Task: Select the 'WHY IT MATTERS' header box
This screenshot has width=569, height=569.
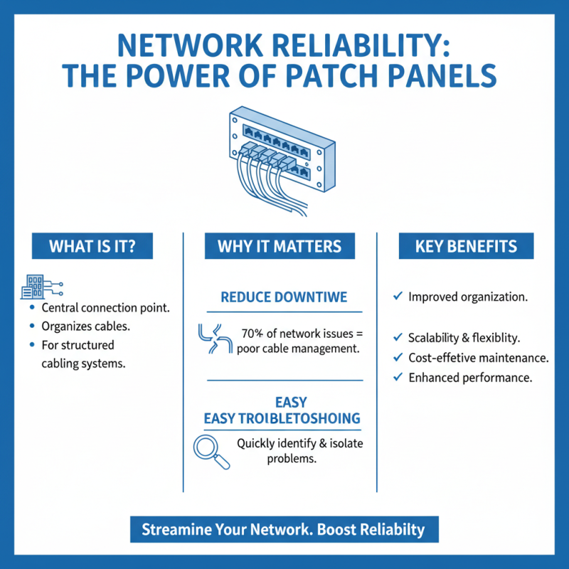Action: (x=280, y=247)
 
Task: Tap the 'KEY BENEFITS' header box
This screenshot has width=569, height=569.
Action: (x=466, y=247)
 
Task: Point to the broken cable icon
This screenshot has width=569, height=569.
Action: (x=211, y=339)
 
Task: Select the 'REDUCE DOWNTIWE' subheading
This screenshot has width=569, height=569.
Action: (x=284, y=297)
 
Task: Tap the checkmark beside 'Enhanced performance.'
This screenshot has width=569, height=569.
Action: (x=398, y=378)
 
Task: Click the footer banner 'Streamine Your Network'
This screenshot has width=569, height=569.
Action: (x=284, y=530)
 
